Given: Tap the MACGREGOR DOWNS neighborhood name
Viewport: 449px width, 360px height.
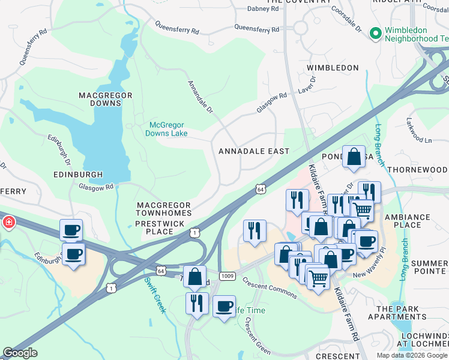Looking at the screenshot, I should click(x=100, y=99).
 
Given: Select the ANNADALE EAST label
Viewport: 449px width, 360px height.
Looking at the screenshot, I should click(x=253, y=151).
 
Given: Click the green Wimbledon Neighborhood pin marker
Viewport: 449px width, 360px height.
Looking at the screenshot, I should click(x=376, y=33).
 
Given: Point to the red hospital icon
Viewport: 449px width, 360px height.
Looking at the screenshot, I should click(x=9, y=223).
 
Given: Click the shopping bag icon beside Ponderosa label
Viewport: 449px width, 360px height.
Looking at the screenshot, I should click(x=354, y=157).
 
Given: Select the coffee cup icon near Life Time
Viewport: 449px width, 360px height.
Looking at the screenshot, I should click(x=224, y=307).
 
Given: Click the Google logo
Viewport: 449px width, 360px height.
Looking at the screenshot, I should click(x=20, y=353).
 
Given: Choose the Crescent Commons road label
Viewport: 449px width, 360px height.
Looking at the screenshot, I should click(x=270, y=287).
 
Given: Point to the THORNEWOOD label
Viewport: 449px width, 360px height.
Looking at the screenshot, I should click(x=417, y=170).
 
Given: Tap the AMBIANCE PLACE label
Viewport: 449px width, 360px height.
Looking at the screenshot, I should click(x=408, y=221).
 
